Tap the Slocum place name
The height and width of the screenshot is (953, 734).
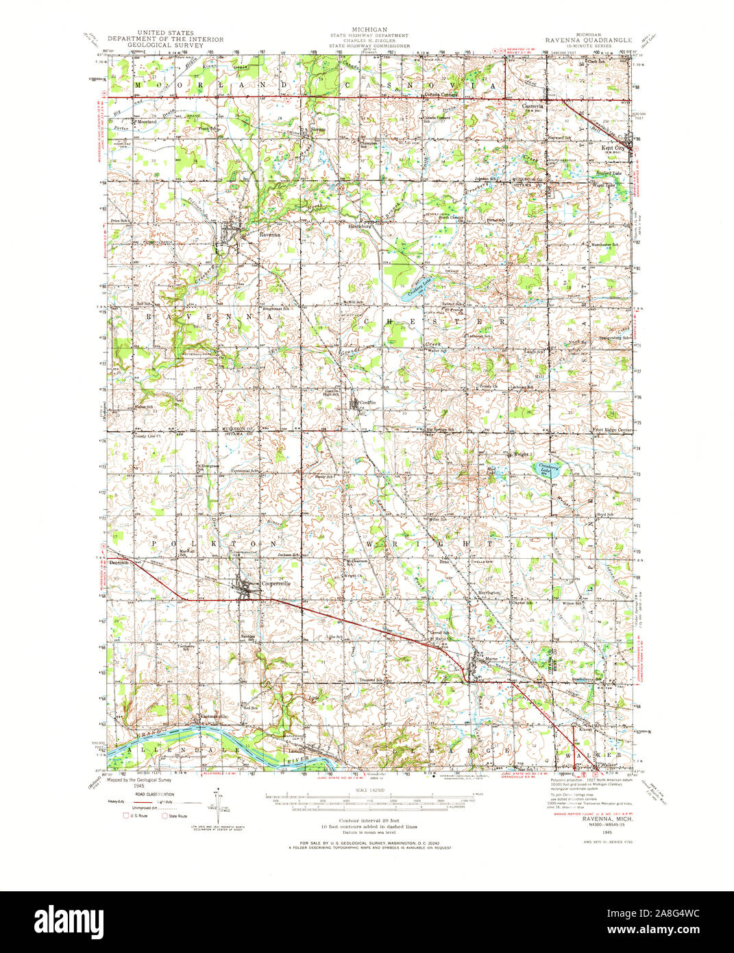pyautogui.click(x=317, y=130)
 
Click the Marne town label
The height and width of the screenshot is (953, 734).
pyautogui.click(x=491, y=659)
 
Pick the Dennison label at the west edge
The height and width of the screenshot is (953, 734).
pyautogui.click(x=119, y=562)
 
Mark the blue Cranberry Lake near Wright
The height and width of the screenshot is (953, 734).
pyautogui.click(x=546, y=470)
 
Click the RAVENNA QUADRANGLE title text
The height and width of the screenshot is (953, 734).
pyautogui.click(x=589, y=41)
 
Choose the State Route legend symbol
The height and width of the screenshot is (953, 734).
pyautogui.click(x=164, y=816)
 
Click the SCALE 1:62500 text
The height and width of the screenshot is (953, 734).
pyautogui.click(x=367, y=791)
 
